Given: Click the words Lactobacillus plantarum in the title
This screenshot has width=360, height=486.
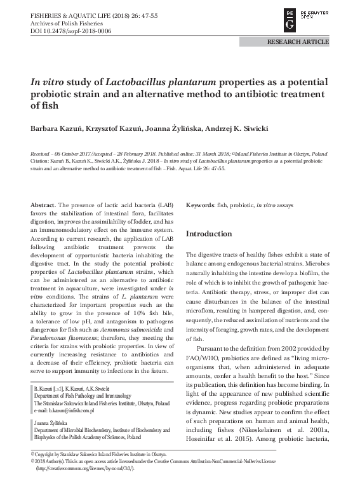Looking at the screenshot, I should [160, 83].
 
